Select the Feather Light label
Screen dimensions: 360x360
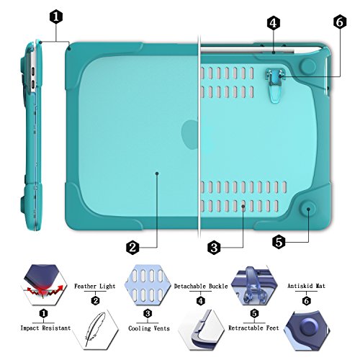click(95, 286)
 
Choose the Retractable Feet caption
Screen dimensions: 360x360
click(253, 328)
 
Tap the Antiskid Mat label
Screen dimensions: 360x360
click(305, 286)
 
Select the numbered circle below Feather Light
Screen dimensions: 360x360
click(95, 300)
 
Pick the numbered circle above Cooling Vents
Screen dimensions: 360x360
click(147, 314)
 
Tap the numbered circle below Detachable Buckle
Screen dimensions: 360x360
click(200, 300)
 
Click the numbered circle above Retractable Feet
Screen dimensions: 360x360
click(253, 314)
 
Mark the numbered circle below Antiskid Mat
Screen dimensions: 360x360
click(305, 300)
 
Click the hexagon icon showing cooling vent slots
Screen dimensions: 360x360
click(147, 282)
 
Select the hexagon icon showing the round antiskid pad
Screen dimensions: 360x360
click(305, 330)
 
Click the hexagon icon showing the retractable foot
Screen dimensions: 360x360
click(253, 282)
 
